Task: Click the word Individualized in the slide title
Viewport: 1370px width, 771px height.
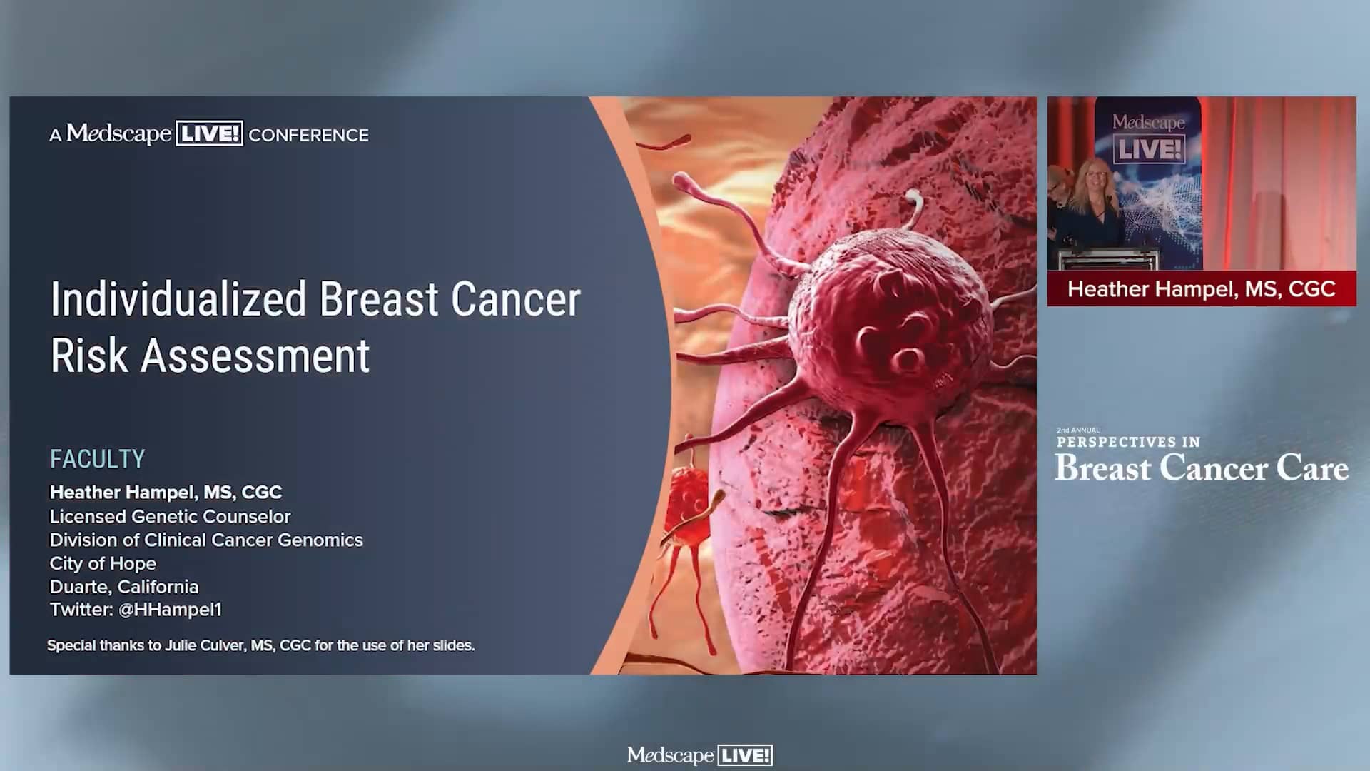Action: click(178, 299)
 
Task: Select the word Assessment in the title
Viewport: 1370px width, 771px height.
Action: click(255, 356)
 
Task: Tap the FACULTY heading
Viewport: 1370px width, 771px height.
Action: click(97, 459)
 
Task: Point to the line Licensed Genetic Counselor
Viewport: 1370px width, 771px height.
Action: click(170, 516)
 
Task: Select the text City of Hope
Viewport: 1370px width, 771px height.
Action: click(103, 563)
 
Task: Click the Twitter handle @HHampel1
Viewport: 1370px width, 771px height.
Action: click(170, 610)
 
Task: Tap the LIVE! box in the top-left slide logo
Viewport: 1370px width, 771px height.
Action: click(209, 134)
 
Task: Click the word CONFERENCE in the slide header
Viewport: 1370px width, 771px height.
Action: click(308, 135)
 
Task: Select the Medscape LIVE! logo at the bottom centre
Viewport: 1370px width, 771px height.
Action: click(699, 755)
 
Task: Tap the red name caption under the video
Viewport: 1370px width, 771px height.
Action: click(1202, 288)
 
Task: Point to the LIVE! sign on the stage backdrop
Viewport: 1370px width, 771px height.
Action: click(1149, 150)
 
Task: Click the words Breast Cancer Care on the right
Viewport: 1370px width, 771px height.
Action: click(1202, 468)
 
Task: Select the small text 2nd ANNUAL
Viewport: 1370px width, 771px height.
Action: click(1077, 430)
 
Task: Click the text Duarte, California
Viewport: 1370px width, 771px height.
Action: click(124, 587)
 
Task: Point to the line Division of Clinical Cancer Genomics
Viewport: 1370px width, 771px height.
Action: click(206, 540)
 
